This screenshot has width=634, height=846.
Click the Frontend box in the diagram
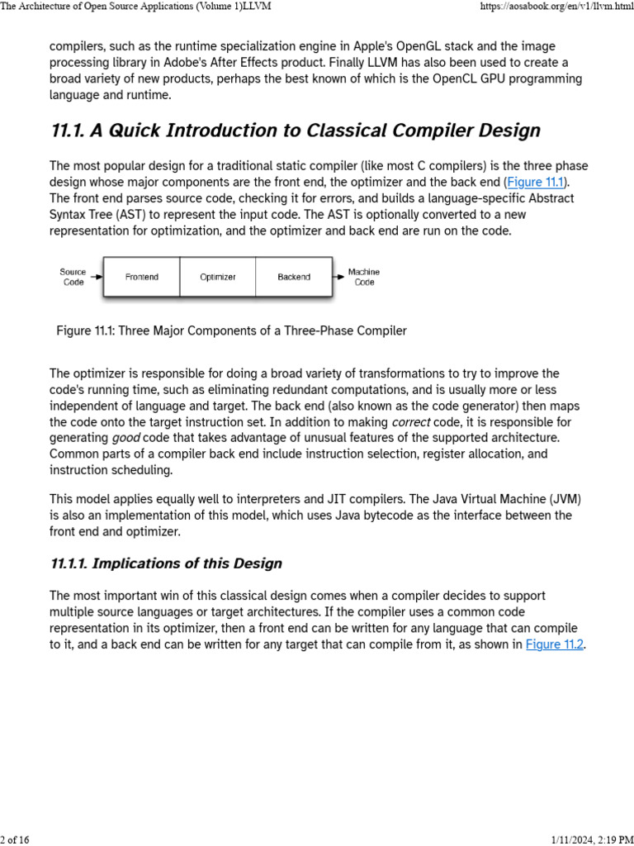coord(141,277)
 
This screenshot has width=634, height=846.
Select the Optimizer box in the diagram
coord(218,277)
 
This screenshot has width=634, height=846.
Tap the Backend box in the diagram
coord(294,277)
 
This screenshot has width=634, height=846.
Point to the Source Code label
coord(73,277)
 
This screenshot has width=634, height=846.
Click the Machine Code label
coord(364,277)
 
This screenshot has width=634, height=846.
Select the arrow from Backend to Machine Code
coord(338,277)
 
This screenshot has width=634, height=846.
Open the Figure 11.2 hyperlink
coord(555,644)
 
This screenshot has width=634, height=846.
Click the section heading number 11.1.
coord(69,131)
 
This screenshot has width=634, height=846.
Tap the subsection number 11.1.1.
coord(69,563)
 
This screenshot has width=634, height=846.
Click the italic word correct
coord(411,421)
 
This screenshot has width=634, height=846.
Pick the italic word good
coord(125,438)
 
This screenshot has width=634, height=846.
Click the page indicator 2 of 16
coord(15,840)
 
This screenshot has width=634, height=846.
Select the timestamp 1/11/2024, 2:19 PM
coord(589,840)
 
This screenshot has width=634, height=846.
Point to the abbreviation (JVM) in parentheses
coord(551,499)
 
